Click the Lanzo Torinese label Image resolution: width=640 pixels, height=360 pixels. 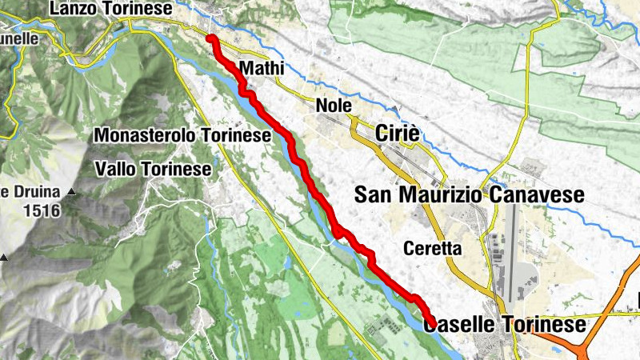[x=110, y=8]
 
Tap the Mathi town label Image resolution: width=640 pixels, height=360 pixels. [x=262, y=68]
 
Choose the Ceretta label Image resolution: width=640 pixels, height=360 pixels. [x=433, y=248]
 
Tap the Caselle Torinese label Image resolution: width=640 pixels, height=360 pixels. [x=505, y=324]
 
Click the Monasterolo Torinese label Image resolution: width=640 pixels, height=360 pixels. [x=183, y=135]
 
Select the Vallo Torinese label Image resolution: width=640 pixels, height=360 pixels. [x=153, y=169]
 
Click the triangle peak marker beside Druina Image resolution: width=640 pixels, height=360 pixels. [x=72, y=193]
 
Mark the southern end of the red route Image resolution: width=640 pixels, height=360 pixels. [x=430, y=321]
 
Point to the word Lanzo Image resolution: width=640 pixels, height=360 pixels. [x=72, y=8]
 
